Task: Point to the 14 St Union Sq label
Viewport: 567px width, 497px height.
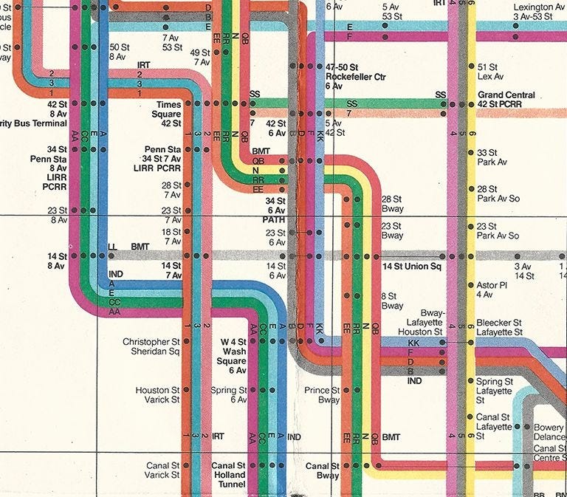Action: coord(411,266)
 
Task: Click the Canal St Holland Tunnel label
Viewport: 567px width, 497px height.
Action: coord(228,476)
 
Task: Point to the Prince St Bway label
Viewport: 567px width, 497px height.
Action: coord(326,395)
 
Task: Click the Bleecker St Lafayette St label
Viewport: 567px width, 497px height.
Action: coord(499,328)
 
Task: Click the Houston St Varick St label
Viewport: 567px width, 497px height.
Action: coord(157,395)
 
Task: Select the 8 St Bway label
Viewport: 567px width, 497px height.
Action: coord(392,301)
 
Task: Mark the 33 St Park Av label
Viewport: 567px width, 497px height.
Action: coord(492,157)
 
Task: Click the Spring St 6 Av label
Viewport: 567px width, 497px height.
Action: coord(229,395)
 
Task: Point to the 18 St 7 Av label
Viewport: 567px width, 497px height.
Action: coord(171,236)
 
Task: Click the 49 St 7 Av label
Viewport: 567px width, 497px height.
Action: coord(199,58)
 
